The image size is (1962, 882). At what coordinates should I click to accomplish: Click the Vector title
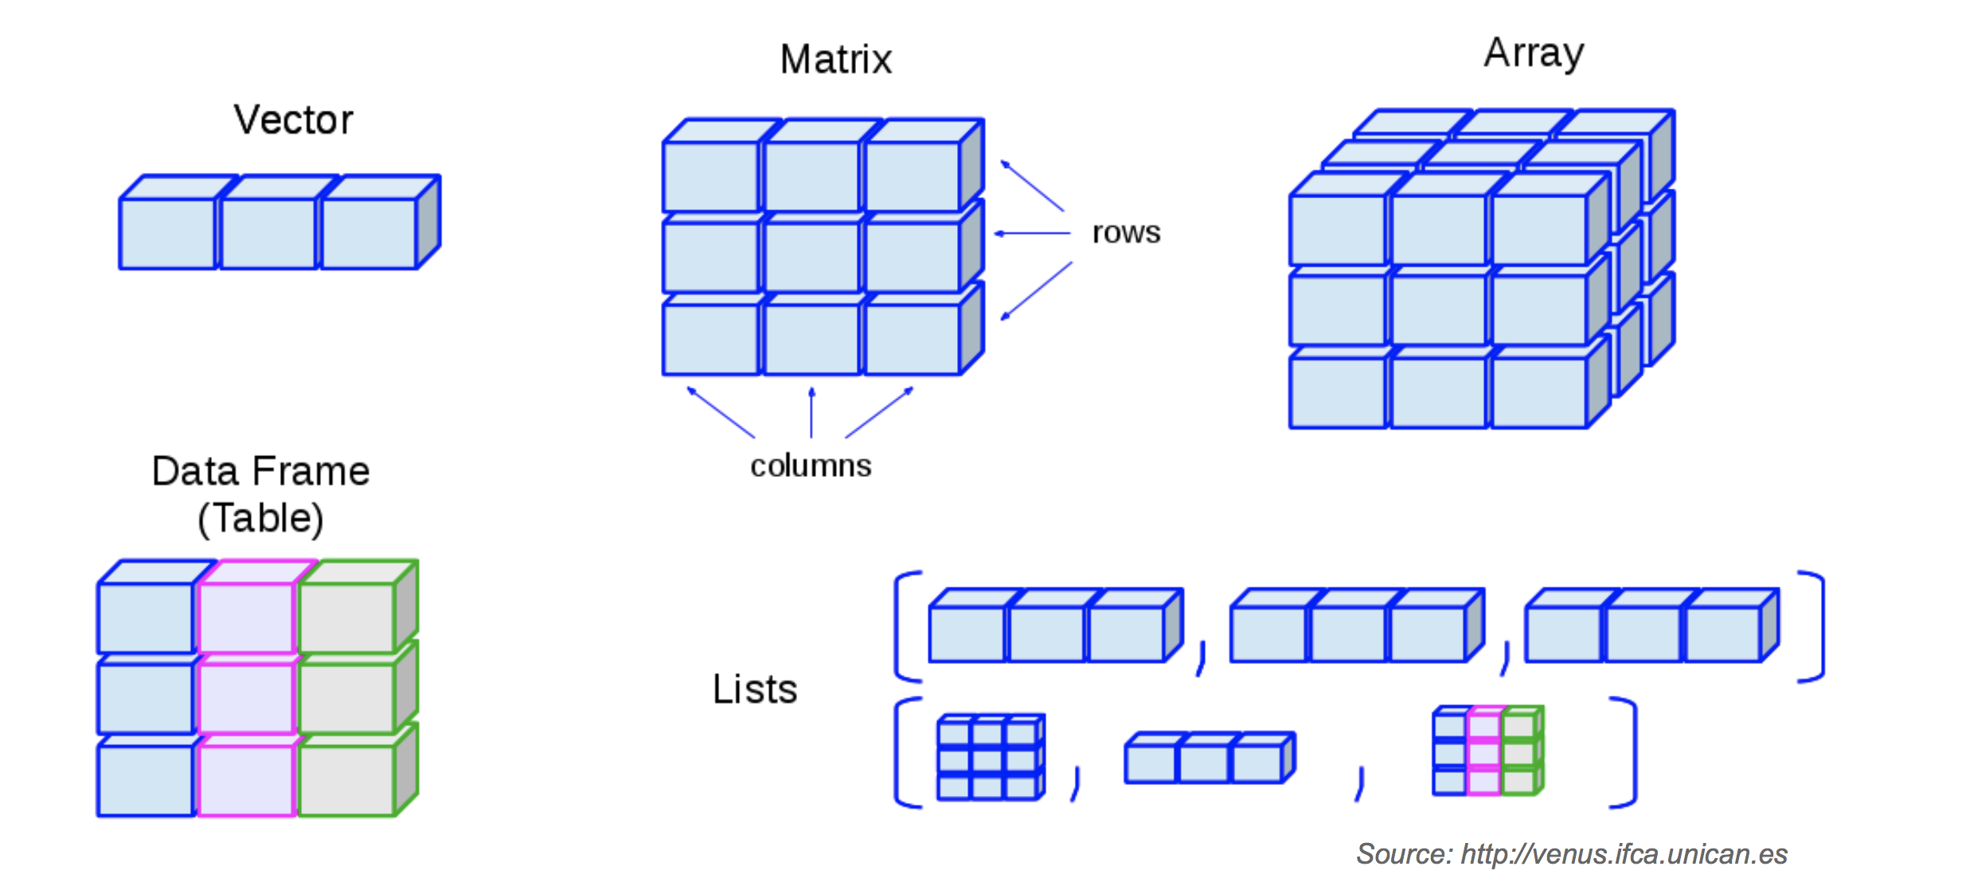click(x=293, y=120)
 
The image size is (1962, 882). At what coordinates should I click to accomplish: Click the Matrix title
click(x=835, y=60)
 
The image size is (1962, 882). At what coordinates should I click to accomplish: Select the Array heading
click(x=1534, y=53)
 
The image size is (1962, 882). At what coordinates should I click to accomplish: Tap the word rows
click(x=1126, y=232)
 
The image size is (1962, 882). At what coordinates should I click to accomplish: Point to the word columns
click(x=811, y=466)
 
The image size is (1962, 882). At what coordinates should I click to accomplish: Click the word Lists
click(x=754, y=689)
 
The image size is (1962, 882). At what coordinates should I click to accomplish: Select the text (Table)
click(x=260, y=518)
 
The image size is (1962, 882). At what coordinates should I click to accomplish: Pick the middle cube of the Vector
click(x=268, y=233)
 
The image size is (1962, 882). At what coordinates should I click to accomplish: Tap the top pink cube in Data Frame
click(x=246, y=617)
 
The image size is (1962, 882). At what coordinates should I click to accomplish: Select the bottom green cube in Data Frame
click(x=346, y=780)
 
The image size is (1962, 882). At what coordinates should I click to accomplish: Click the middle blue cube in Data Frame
click(x=145, y=698)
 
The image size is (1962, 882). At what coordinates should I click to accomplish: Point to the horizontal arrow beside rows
click(x=1032, y=233)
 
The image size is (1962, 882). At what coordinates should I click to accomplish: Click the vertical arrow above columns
click(x=811, y=412)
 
